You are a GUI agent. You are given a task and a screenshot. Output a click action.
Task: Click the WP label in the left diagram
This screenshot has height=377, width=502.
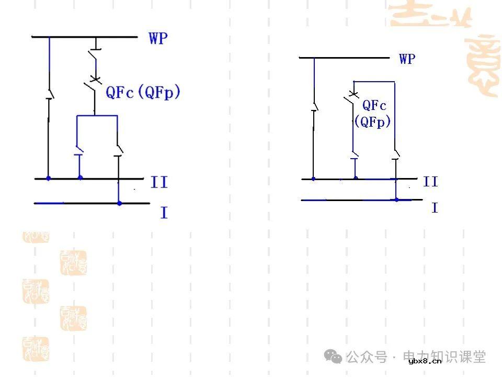pos(158,39)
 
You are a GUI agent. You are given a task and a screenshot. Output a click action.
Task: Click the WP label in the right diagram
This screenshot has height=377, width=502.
pos(407,59)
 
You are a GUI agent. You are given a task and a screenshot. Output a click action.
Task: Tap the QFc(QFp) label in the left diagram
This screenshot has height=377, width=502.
pos(143,93)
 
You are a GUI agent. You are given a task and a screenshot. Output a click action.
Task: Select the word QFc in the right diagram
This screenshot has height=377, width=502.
pos(374,105)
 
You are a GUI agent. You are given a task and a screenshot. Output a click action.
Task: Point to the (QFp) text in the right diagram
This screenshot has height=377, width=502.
pos(373,122)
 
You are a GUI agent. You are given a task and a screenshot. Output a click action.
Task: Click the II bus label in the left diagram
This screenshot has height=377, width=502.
pos(159,183)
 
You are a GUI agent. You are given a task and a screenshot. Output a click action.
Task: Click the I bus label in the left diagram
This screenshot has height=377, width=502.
pos(164,213)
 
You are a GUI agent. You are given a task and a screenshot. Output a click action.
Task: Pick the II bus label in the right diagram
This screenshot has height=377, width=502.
pos(430,182)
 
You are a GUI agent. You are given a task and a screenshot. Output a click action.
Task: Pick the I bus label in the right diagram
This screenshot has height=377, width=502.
pos(434,208)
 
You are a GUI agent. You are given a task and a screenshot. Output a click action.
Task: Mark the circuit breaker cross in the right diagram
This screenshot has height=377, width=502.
pos(353,94)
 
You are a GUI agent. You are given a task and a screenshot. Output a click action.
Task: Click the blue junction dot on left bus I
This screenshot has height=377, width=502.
pos(119,203)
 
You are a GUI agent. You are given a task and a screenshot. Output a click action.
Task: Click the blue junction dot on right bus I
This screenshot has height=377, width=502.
pos(396,199)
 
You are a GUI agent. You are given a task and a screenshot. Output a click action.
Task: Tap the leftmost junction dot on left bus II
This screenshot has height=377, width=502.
pos(49,179)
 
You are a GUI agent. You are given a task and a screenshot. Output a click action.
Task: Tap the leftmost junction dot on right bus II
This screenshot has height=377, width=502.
pos(313,179)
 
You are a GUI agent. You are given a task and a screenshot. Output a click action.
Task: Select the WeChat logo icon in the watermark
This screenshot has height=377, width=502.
pos(333,357)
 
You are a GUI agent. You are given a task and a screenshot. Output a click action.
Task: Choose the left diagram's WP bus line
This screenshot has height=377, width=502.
pos(84,37)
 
